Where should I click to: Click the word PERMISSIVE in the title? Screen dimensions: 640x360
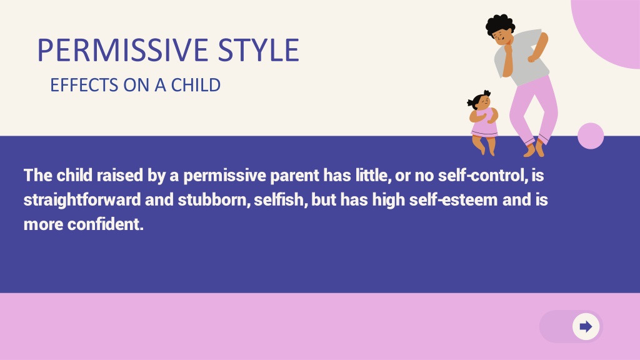(x=124, y=50)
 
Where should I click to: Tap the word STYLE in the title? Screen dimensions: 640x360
(x=259, y=50)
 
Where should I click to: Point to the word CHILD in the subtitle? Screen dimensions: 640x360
(x=196, y=85)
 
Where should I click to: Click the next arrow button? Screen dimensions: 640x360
(x=586, y=326)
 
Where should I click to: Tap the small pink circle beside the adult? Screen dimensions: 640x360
(x=591, y=136)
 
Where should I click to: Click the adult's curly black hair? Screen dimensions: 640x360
(x=499, y=24)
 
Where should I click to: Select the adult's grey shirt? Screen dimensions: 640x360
(x=522, y=57)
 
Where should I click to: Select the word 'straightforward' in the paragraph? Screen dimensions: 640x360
(x=82, y=201)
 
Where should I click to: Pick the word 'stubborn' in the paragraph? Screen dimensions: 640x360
(x=212, y=200)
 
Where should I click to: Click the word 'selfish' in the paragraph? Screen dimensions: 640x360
(x=279, y=200)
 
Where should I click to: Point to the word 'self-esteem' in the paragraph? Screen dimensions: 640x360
(x=453, y=200)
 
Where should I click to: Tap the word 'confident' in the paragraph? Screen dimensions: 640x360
(x=104, y=224)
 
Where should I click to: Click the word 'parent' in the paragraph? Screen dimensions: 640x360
(x=295, y=176)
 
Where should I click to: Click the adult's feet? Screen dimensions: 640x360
(x=534, y=149)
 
